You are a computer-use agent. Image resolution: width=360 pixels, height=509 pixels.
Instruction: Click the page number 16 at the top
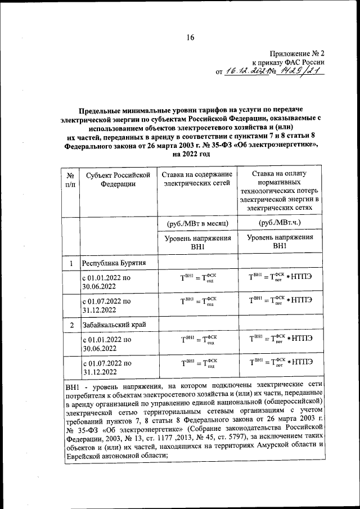coord(190,38)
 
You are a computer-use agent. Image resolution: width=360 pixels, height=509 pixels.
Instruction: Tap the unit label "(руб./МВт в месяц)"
coord(195,223)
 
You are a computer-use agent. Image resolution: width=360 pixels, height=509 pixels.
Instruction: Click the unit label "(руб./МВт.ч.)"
coord(280,223)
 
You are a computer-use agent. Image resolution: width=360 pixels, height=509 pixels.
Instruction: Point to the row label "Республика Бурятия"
coord(115,263)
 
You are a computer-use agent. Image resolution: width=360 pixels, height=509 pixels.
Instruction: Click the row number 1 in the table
coord(71,263)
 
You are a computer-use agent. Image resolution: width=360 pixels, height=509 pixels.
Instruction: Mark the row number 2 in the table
coord(71,325)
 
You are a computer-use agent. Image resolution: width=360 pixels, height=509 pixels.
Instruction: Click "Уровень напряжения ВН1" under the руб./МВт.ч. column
coord(280,242)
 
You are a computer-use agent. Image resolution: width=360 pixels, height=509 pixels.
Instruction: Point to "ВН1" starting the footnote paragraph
coord(73,388)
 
